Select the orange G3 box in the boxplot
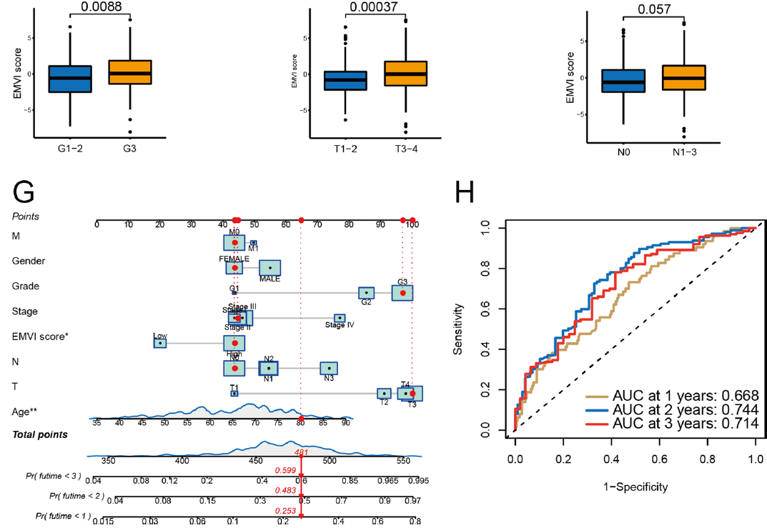(x=129, y=72)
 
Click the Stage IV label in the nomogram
(x=340, y=325)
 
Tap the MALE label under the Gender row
(x=269, y=279)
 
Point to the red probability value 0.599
(x=286, y=470)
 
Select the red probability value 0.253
(x=286, y=512)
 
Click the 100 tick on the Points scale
(x=412, y=224)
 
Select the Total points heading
(x=40, y=434)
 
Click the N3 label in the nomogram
(x=329, y=378)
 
